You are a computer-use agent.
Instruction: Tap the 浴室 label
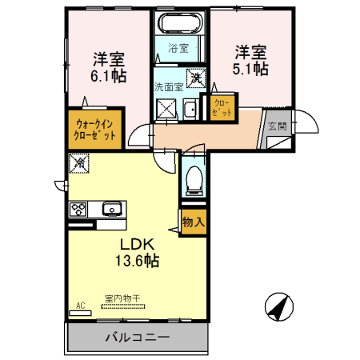(178, 48)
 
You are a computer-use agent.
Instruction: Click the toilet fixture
(193, 181)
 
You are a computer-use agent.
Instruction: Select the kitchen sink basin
(110, 210)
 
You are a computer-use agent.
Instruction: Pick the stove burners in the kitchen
(79, 210)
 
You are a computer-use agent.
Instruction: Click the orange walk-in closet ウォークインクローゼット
(96, 129)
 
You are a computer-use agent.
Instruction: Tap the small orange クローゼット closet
(222, 108)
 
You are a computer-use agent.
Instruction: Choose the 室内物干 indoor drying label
(122, 299)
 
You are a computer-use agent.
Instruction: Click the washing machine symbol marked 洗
(196, 78)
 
